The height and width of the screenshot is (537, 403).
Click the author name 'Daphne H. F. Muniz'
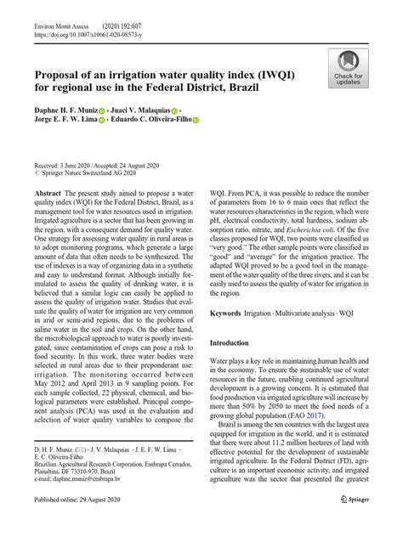[65, 110]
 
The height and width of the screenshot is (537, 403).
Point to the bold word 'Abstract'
[49, 195]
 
